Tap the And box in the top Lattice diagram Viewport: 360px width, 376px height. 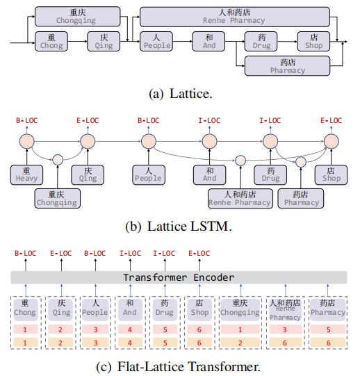coord(209,42)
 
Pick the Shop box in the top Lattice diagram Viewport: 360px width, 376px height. coord(313,42)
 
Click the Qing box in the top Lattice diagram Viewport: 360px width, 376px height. coord(104,42)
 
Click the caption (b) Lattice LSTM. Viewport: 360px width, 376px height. coord(179,225)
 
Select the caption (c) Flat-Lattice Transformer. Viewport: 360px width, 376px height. coord(179,366)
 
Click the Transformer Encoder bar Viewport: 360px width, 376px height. coord(179,277)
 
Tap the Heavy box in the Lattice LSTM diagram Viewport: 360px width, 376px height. coord(27,174)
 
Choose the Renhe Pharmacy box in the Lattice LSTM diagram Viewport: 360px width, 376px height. coord(239,198)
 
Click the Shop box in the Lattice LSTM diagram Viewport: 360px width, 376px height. coord(332,174)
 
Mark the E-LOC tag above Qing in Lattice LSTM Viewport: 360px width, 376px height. coord(87,120)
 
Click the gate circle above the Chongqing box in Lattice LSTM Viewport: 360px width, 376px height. coord(58,159)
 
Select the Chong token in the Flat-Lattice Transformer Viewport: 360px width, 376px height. coord(25,308)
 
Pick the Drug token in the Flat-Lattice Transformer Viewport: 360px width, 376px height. coord(164,308)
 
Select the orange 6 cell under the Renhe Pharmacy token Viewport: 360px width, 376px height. coord(285,343)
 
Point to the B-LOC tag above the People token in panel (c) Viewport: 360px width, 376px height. coord(95,253)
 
